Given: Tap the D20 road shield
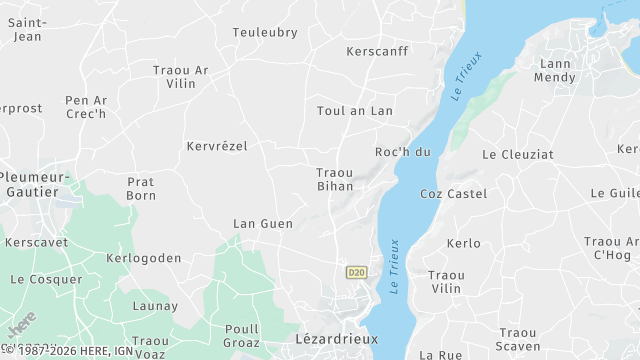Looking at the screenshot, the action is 356,272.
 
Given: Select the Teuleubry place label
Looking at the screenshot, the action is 265,32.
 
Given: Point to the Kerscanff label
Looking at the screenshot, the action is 376,51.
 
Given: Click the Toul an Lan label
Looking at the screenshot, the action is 355,111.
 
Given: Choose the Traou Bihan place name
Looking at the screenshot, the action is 335,179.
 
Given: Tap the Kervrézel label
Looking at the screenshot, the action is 216,146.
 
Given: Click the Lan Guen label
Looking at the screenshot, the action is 263,224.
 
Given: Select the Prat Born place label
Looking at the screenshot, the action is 141,188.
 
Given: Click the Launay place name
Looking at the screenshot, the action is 155,306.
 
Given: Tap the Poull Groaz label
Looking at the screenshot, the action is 242,335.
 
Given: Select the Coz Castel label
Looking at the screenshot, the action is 453,193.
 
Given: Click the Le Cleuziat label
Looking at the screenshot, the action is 517,155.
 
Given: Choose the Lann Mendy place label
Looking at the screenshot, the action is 555,71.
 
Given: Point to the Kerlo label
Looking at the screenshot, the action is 463,243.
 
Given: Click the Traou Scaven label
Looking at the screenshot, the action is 518,339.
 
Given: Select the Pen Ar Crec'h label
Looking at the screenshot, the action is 86,107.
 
